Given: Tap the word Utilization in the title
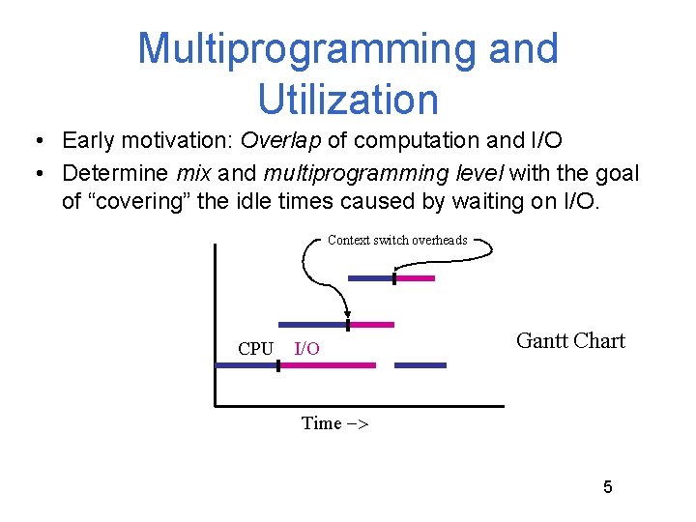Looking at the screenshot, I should point(348,99).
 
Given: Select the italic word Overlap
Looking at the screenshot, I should point(281,140).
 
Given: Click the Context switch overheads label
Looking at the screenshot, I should point(397,240).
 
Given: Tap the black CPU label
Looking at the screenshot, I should point(255,349).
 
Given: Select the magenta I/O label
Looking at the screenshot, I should point(306,349).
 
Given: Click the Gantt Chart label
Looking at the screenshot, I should point(570,340).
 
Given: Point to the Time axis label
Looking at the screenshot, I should point(334,423).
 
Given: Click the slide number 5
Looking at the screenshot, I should point(607,486).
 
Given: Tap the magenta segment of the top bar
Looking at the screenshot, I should point(415,278).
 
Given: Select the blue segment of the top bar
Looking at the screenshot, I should point(370,278).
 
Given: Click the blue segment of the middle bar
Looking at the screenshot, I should point(312,325).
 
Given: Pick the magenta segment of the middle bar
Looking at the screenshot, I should point(372,325).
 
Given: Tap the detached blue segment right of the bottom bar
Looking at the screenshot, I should point(420,365).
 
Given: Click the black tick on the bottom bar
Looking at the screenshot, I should point(277,365).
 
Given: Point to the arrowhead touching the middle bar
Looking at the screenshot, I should point(347,314).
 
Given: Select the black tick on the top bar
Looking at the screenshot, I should point(394,278).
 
